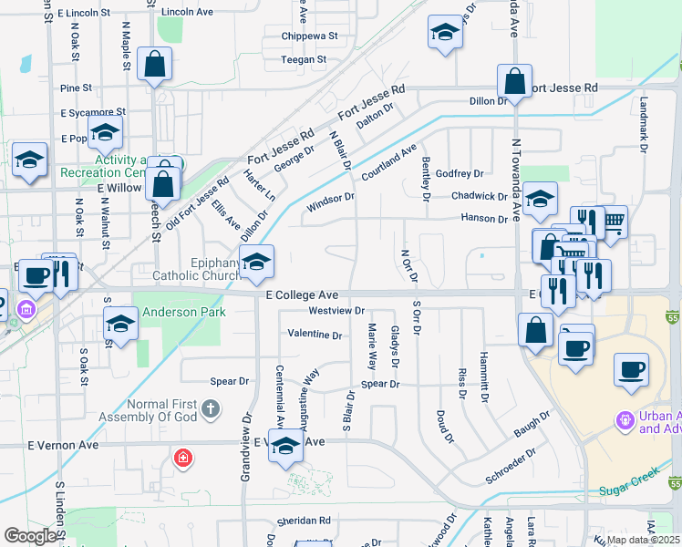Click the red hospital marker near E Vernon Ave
[x=183, y=457]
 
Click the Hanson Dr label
[x=484, y=219]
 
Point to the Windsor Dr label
[x=330, y=199]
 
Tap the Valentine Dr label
[x=315, y=335]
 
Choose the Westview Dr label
[x=337, y=311]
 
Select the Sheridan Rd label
[x=305, y=521]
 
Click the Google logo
[x=30, y=536]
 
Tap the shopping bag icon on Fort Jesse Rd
[x=514, y=80]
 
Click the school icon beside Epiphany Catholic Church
[x=256, y=262]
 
